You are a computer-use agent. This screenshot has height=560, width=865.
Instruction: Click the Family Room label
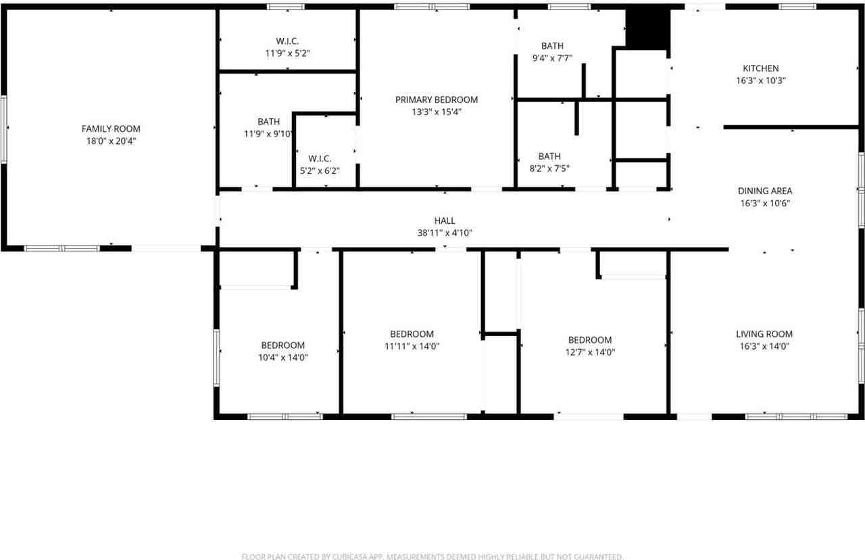(111, 129)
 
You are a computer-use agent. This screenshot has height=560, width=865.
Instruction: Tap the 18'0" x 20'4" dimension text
(111, 141)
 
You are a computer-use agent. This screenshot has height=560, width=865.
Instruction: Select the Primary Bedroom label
(437, 99)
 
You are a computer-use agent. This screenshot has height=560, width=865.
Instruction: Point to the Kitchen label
(761, 68)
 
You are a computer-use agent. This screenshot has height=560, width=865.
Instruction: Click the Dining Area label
(765, 191)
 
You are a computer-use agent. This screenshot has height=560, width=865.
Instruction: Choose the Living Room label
(764, 333)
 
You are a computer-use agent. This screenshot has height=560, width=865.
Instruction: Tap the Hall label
(445, 220)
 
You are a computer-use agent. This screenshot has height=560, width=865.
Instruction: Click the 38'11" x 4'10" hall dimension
(445, 233)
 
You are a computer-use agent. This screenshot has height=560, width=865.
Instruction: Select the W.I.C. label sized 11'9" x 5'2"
(287, 41)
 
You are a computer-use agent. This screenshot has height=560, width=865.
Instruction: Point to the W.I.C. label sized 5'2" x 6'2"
(320, 158)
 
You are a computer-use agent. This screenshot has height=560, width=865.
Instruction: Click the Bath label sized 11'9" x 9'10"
(268, 122)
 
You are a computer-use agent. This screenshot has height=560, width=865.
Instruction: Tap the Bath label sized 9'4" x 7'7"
(552, 46)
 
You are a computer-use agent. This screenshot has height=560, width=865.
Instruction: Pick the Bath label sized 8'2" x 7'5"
(549, 156)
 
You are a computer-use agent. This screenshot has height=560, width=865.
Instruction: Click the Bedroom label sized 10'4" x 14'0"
(283, 345)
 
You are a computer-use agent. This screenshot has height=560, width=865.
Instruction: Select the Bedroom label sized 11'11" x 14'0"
(412, 333)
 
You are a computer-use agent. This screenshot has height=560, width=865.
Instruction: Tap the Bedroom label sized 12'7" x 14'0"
(590, 340)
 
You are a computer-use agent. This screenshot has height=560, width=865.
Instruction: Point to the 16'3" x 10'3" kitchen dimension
(761, 80)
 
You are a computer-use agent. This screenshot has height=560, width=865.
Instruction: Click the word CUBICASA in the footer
(348, 557)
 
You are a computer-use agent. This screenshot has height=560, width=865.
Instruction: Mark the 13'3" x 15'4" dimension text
(437, 112)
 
